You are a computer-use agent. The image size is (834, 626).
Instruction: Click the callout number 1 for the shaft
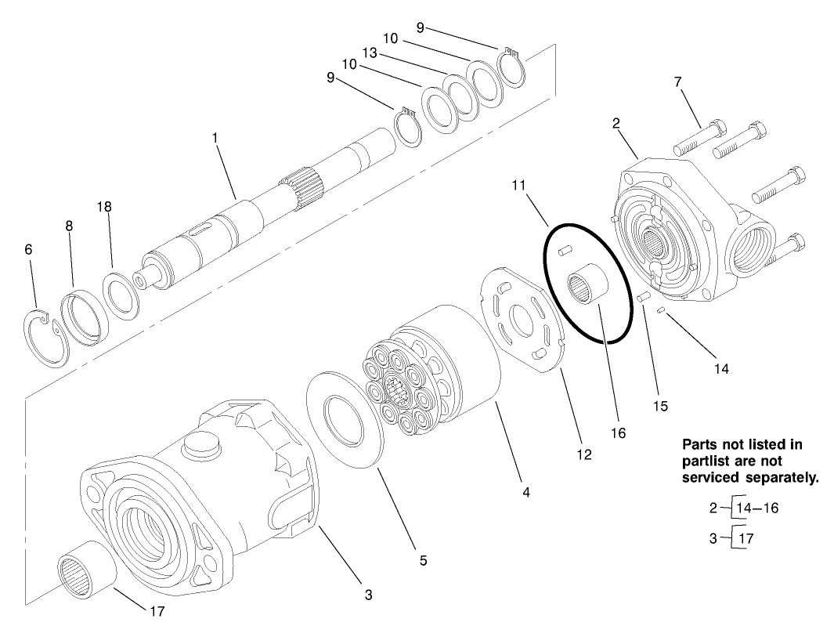[215, 137]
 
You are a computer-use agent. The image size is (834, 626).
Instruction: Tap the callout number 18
[104, 207]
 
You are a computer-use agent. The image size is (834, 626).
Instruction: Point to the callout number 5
[423, 560]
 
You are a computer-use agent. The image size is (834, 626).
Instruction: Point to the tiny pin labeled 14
[661, 310]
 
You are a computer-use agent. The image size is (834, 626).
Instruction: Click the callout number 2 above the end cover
[616, 123]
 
